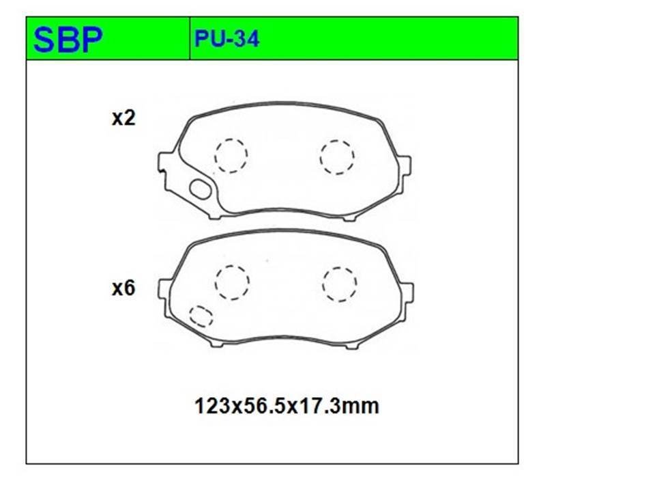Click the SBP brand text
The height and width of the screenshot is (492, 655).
coord(68,40)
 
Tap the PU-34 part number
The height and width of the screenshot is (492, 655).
coord(227,39)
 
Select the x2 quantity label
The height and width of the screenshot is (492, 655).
coord(123,118)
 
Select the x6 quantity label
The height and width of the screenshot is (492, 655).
coord(123,288)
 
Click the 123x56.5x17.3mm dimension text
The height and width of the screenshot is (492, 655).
coord(287,406)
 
